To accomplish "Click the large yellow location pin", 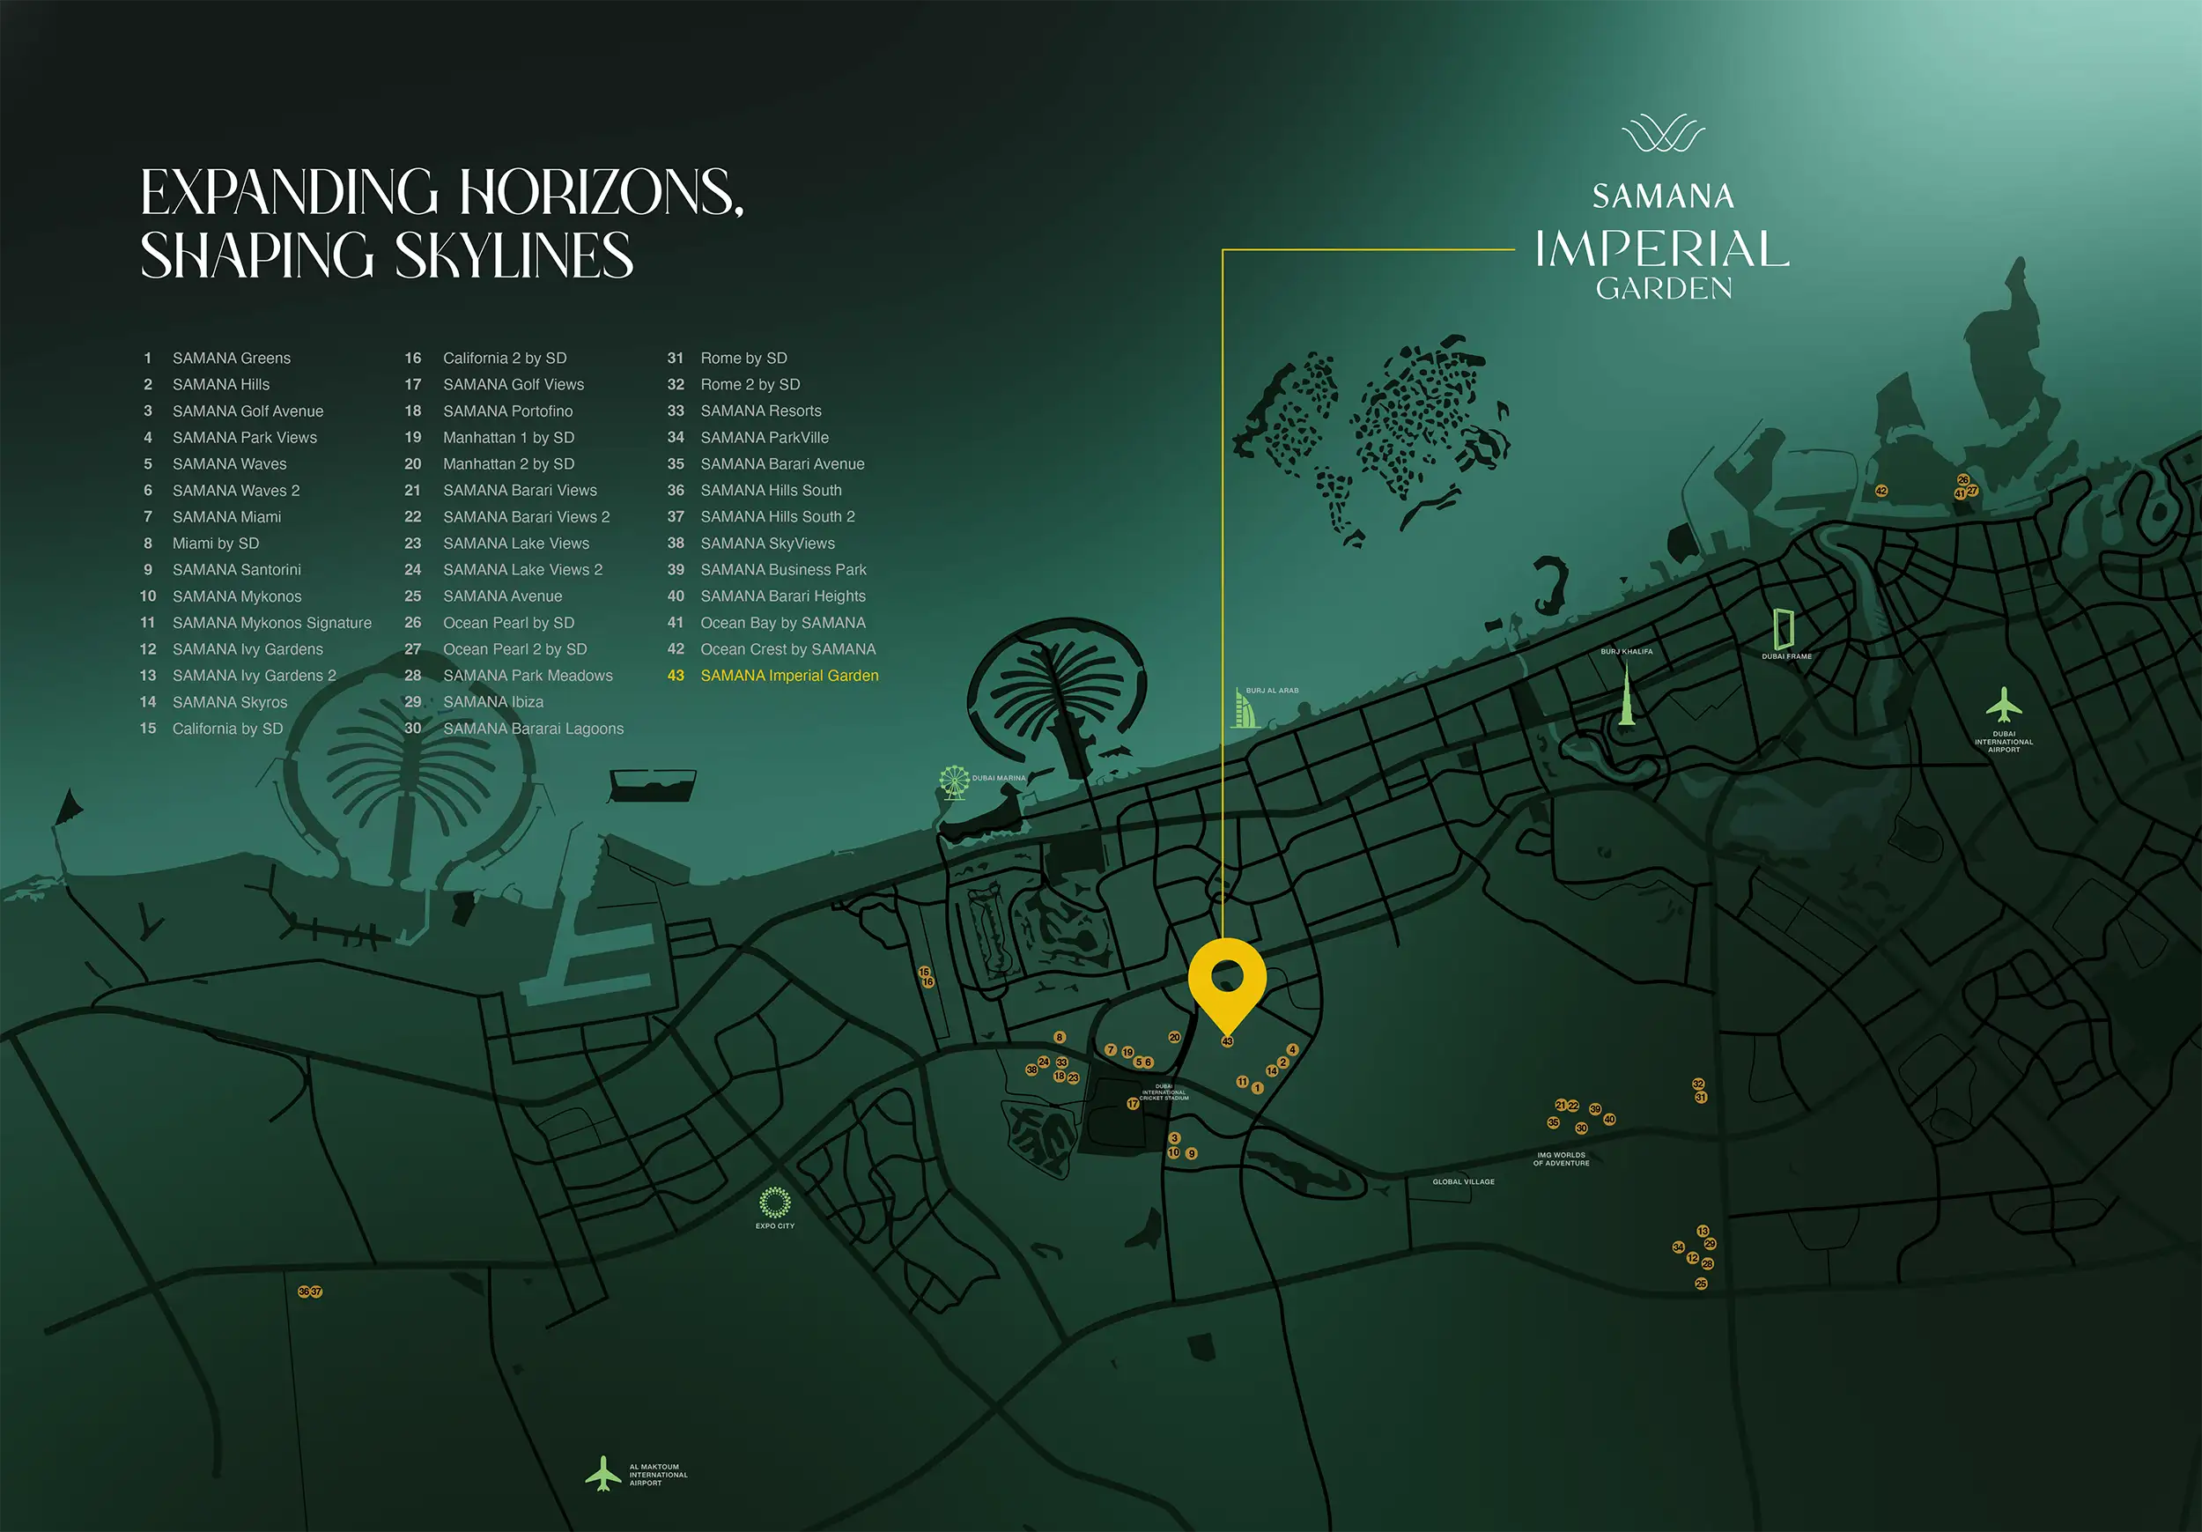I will click(x=1227, y=981).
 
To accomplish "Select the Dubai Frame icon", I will click(x=1784, y=628).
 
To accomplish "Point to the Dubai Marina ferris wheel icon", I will click(x=953, y=781).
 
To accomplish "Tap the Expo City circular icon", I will click(x=775, y=1202).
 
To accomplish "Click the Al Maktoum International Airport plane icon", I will click(x=603, y=1474).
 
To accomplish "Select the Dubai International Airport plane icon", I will click(x=2004, y=705).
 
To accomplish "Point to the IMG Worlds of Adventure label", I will click(x=1562, y=1158).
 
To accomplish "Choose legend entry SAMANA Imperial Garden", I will click(x=788, y=676).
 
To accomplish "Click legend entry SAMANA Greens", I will click(x=231, y=358).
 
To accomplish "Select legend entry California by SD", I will click(x=227, y=728).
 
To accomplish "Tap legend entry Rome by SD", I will click(x=743, y=358).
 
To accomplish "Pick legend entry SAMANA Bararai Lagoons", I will click(x=532, y=728).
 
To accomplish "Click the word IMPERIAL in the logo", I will click(x=1662, y=249).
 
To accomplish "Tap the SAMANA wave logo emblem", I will click(x=1663, y=133).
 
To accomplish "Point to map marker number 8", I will click(x=1060, y=1037).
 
